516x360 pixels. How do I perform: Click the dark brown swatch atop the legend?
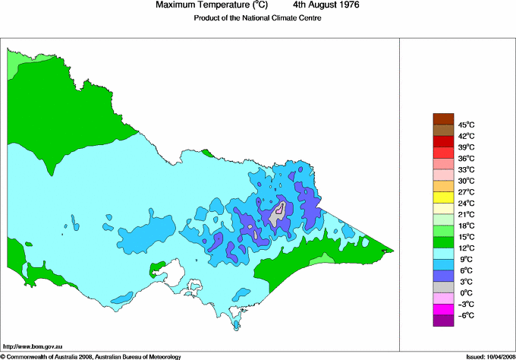(x=443, y=118)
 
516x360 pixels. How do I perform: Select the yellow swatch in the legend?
(x=443, y=197)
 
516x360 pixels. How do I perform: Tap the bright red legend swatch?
(x=443, y=141)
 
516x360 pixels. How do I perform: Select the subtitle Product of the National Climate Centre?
(x=257, y=18)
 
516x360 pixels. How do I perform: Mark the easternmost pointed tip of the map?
(x=394, y=251)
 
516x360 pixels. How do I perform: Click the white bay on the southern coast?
(x=177, y=271)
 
